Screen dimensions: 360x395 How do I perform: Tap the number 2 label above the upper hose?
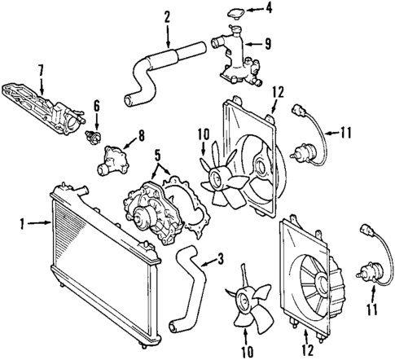click(167, 15)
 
